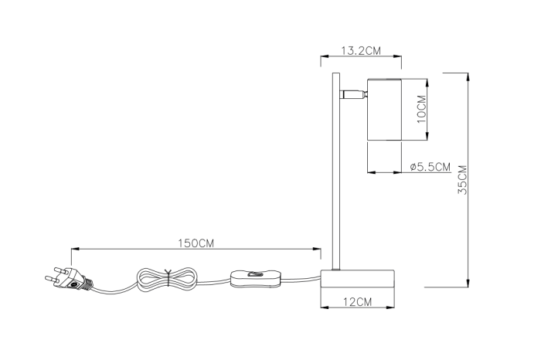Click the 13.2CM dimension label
click(x=362, y=51)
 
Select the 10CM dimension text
click(x=421, y=109)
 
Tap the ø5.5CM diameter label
click(x=430, y=166)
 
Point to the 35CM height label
click(x=461, y=179)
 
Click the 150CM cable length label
click(x=196, y=243)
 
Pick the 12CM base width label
click(x=358, y=302)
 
